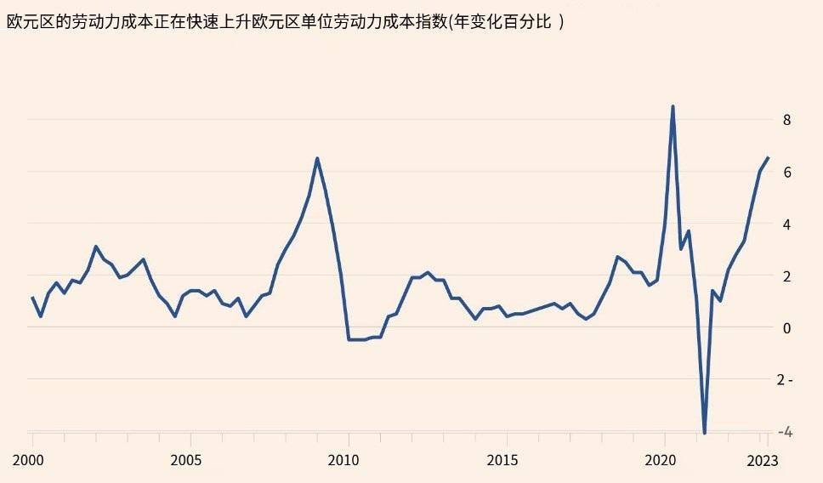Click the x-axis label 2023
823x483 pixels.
(x=763, y=460)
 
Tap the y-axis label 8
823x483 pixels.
(x=787, y=120)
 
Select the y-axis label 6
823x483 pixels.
(x=787, y=172)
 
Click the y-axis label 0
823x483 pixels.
(x=787, y=327)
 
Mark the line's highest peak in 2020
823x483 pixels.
(x=673, y=106)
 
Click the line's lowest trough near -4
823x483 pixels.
(x=705, y=433)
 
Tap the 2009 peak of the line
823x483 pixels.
(x=317, y=158)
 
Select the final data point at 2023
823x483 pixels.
(x=768, y=157)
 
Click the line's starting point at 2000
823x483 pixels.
(x=32, y=298)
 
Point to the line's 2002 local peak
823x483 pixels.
(x=96, y=247)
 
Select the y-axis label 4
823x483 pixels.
(x=787, y=224)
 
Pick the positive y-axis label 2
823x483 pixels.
(x=787, y=276)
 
